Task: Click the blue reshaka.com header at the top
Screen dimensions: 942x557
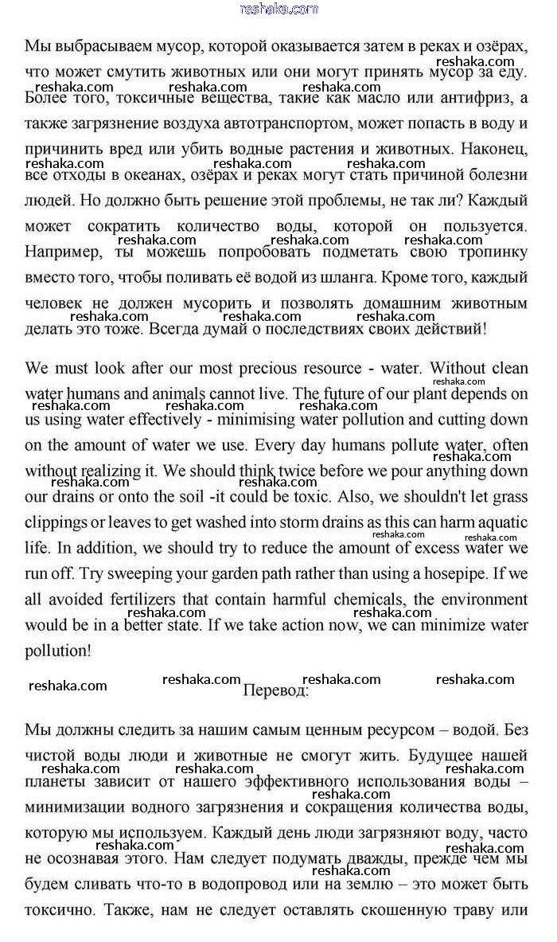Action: coord(278,9)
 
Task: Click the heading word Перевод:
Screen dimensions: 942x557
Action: coord(275,690)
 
